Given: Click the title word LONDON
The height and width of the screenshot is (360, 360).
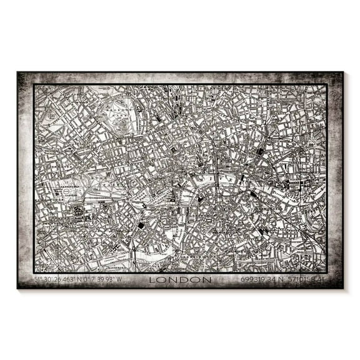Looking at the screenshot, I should [x=181, y=279].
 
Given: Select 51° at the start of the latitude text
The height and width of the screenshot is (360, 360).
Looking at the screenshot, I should [x=38, y=279].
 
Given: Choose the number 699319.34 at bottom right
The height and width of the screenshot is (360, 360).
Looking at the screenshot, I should [x=258, y=279].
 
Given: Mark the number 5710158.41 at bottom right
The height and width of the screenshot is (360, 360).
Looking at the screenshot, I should [x=306, y=279].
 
